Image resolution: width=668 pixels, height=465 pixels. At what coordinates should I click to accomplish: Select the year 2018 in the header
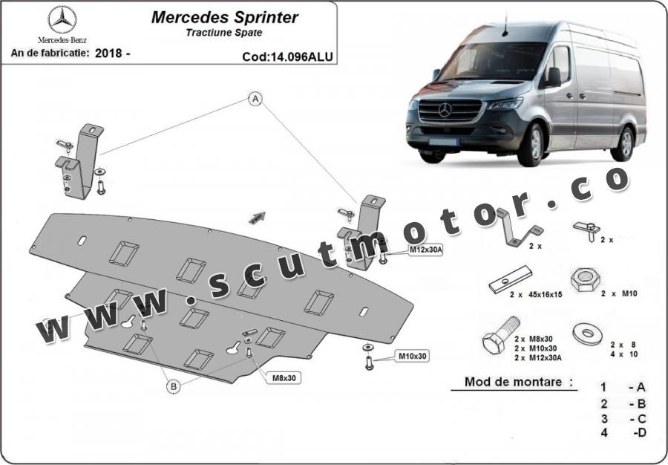click(x=108, y=53)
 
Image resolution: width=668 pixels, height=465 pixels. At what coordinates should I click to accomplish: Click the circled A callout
click(x=255, y=99)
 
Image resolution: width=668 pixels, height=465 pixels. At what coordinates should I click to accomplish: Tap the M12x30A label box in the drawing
click(x=426, y=250)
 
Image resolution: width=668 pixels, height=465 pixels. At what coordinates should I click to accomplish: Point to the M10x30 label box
click(x=413, y=357)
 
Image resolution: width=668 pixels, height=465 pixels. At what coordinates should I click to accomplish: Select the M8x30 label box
click(x=284, y=377)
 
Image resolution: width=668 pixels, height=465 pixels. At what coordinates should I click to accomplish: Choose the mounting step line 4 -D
click(x=623, y=433)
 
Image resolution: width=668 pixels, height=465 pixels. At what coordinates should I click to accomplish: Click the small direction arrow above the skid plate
click(x=256, y=217)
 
